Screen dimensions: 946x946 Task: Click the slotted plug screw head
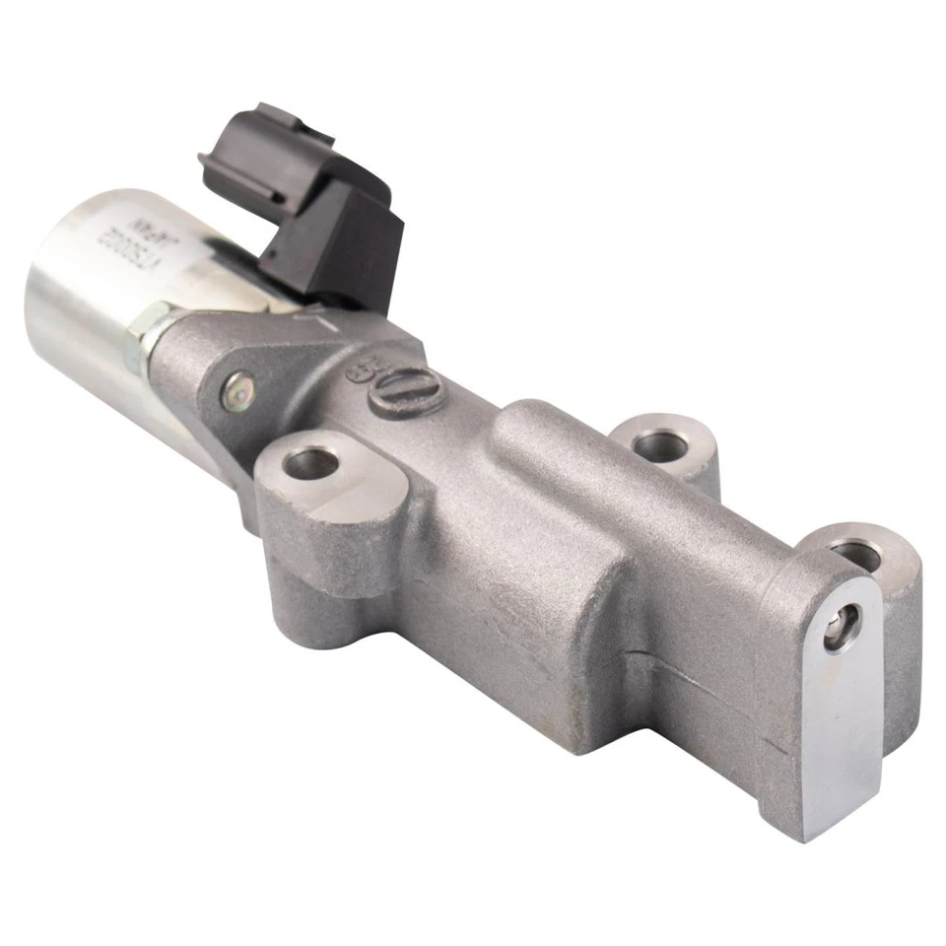409,391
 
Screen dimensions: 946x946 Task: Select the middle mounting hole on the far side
660,445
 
